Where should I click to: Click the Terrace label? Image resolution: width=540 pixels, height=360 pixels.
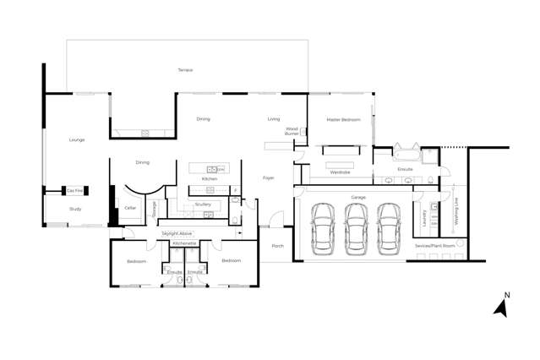pyautogui.click(x=185, y=70)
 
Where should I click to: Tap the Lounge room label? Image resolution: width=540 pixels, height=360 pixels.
pyautogui.click(x=77, y=139)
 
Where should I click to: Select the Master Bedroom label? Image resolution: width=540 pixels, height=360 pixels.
pyautogui.click(x=343, y=120)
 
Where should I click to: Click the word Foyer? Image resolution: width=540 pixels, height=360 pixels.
pyautogui.click(x=269, y=178)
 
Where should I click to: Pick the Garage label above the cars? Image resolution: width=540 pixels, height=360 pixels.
pyautogui.click(x=358, y=197)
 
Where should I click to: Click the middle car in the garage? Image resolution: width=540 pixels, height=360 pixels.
pyautogui.click(x=355, y=230)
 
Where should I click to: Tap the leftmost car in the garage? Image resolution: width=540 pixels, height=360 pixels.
pyautogui.click(x=322, y=230)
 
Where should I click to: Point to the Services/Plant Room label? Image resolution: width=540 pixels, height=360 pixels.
pyautogui.click(x=434, y=245)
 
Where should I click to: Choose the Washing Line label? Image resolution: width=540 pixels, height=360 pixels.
pyautogui.click(x=457, y=206)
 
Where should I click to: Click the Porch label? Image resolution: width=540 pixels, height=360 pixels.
pyautogui.click(x=277, y=246)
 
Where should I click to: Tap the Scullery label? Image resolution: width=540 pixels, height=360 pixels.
pyautogui.click(x=203, y=205)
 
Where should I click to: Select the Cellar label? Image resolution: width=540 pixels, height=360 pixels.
pyautogui.click(x=130, y=208)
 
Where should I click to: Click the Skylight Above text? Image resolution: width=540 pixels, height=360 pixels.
pyautogui.click(x=177, y=233)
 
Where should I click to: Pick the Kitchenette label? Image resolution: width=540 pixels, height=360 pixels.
pyautogui.click(x=185, y=243)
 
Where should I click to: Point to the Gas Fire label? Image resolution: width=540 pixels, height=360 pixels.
pyautogui.click(x=75, y=191)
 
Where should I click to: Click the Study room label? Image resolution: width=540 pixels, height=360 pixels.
pyautogui.click(x=75, y=209)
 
